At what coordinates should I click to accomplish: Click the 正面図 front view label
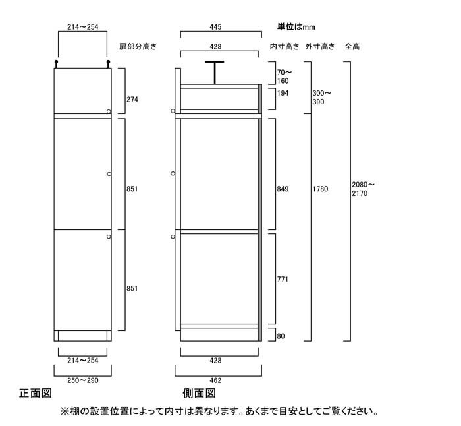coord(36,393)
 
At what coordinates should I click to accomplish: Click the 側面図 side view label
coord(199,393)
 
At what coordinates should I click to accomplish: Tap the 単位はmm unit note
coord(296,27)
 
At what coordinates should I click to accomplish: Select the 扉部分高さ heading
coord(138,47)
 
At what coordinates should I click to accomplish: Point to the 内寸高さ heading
coord(285,47)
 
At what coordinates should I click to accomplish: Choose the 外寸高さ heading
coord(320,47)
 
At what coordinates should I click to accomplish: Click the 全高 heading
coord(352,47)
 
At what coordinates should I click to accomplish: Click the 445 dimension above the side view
coord(215,27)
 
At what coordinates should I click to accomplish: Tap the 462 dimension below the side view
coord(215,380)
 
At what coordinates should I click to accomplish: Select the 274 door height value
coord(132,100)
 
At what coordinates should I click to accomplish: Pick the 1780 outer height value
coord(320,189)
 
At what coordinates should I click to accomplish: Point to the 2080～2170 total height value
coord(363,189)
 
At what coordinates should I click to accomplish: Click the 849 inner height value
coord(283,189)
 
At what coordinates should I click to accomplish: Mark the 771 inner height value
coord(283,279)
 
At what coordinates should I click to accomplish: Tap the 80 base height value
coord(281,336)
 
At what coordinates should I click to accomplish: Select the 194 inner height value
coord(283,94)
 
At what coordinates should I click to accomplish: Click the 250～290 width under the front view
coord(83,380)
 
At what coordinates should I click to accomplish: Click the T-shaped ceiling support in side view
coord(215,73)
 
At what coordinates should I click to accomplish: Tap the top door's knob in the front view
coord(109,111)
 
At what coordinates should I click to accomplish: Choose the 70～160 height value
coord(285,76)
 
